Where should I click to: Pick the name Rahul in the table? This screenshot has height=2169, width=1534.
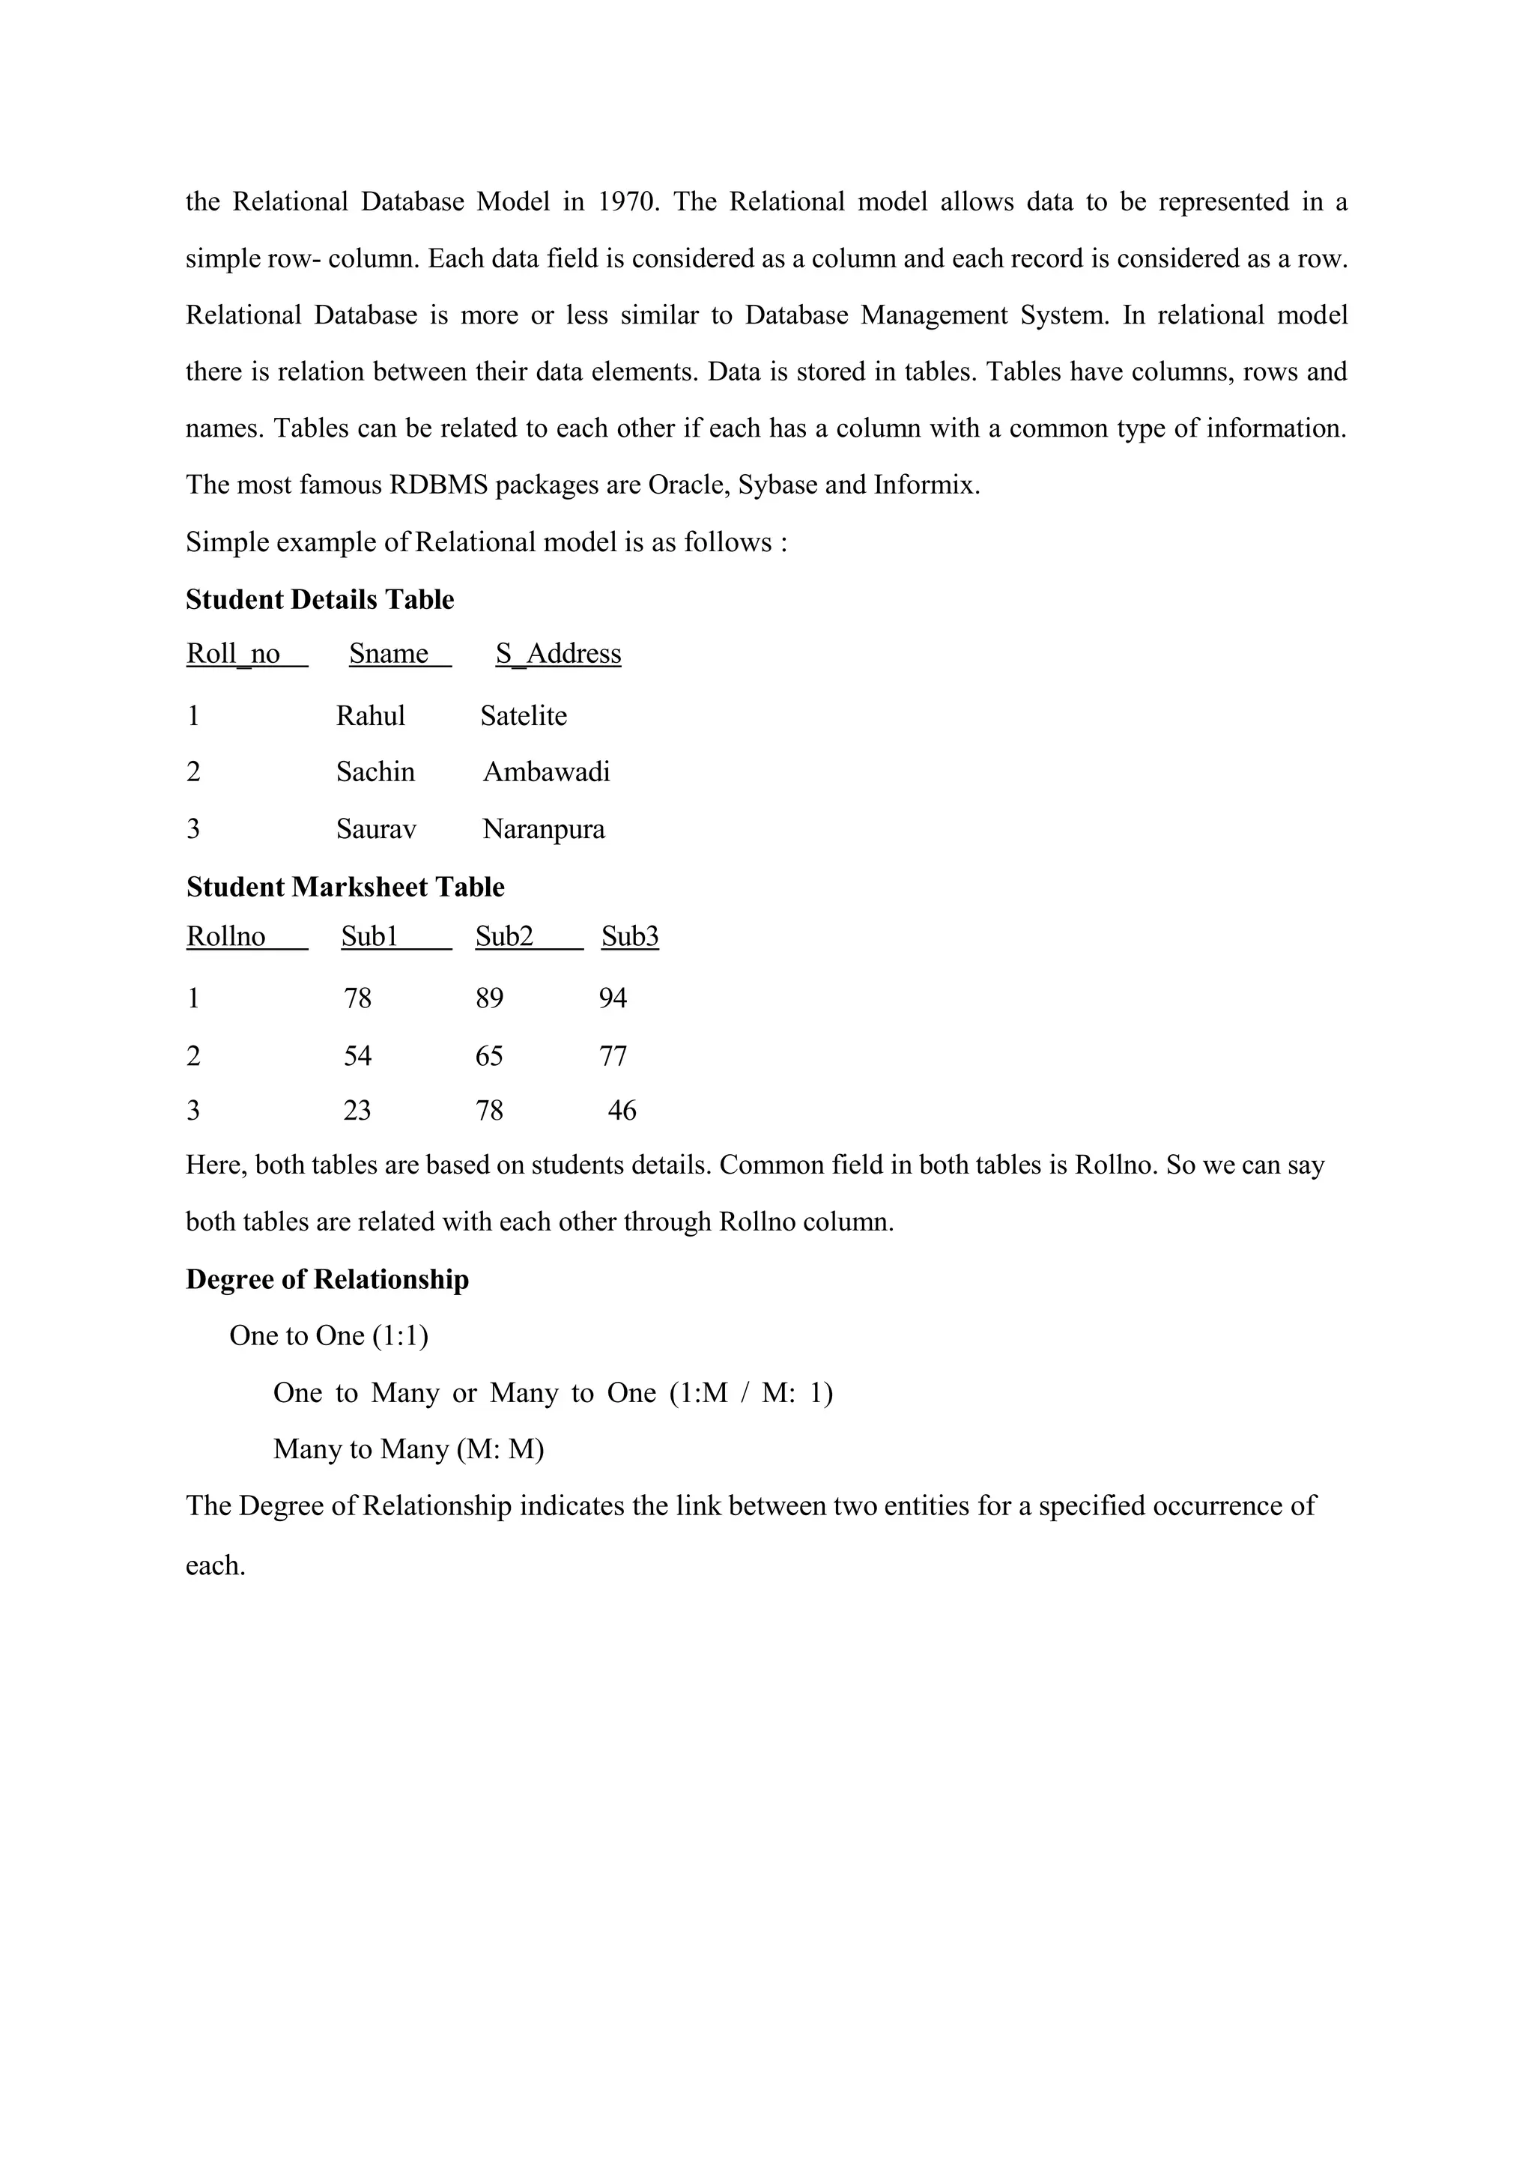point(370,716)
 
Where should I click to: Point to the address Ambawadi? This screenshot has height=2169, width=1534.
point(546,773)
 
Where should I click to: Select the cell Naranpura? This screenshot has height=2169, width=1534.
point(543,829)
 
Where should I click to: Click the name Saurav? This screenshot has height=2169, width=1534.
point(376,829)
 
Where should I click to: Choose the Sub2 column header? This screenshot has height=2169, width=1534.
point(503,936)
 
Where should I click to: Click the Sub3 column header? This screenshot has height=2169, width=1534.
point(630,936)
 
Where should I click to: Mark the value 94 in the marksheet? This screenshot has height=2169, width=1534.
point(612,998)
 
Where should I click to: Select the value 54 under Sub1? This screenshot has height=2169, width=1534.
point(357,1056)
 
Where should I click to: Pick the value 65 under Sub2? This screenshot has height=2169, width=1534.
point(489,1056)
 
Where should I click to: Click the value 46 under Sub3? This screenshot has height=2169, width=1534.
point(622,1111)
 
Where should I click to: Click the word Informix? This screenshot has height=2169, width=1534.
point(926,485)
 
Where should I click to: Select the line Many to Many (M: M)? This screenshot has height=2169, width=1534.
point(408,1449)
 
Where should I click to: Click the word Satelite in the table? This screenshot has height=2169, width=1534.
point(524,716)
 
